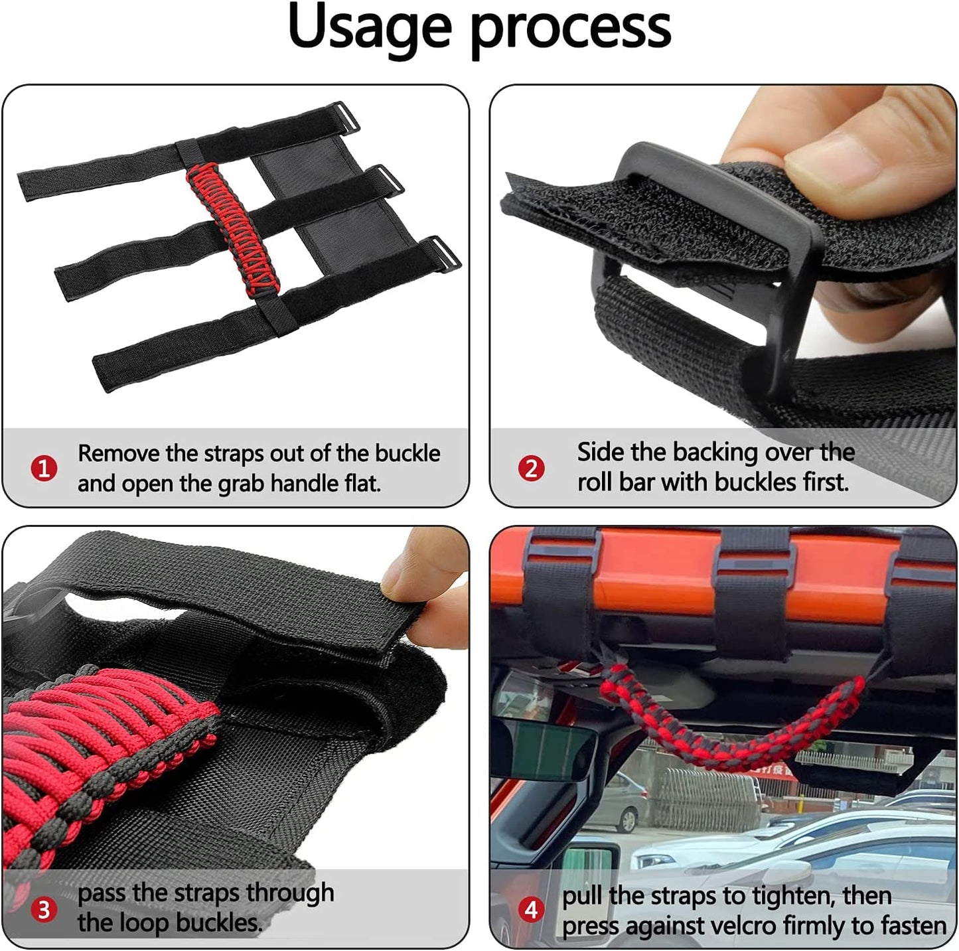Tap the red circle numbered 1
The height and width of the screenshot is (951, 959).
(x=44, y=469)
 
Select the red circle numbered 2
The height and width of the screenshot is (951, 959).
(x=531, y=469)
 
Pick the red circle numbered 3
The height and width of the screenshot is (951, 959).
(x=44, y=911)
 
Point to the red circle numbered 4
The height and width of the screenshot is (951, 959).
(x=531, y=911)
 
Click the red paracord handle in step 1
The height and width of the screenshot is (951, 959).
(x=233, y=230)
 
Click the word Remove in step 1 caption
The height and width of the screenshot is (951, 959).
(x=119, y=453)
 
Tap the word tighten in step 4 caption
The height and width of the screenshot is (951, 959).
(x=793, y=897)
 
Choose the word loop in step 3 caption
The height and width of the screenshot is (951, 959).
(x=144, y=924)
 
